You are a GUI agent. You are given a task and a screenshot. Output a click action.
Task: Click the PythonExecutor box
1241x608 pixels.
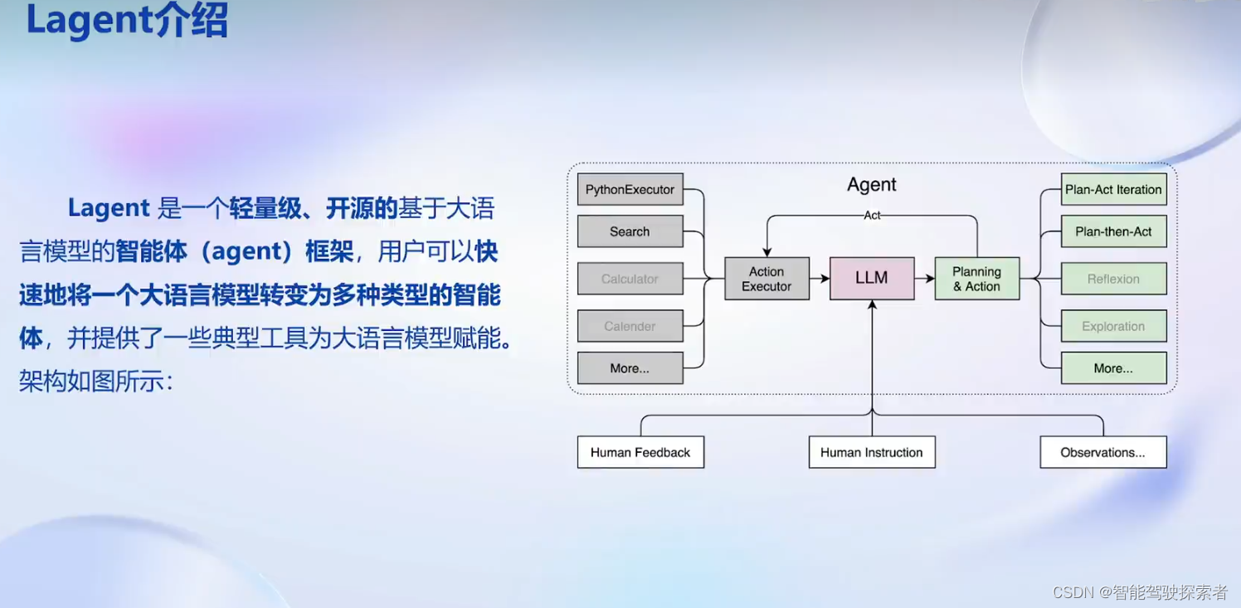(630, 189)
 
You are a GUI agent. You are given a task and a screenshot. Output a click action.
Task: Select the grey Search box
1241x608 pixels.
(630, 231)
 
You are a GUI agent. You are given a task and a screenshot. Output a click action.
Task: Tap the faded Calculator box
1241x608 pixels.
(630, 279)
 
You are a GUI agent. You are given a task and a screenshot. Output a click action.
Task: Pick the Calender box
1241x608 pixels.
(630, 326)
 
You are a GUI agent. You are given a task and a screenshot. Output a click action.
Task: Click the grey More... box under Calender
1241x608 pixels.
(630, 368)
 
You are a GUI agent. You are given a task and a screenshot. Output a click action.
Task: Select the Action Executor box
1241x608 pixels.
(766, 279)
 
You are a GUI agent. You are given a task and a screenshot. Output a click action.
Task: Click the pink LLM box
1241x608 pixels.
(872, 279)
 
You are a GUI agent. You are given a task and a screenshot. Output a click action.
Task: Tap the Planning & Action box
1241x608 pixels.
(976, 279)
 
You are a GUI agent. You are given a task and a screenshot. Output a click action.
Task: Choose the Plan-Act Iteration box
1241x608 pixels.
(1113, 189)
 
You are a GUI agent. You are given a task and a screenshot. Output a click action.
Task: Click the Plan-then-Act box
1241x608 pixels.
(1113, 231)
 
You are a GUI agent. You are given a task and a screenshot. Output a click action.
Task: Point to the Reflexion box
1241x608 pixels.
(1113, 279)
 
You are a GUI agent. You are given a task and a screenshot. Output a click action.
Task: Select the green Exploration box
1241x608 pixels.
(1113, 326)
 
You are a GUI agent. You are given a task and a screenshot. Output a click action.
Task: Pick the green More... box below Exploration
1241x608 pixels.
(1113, 368)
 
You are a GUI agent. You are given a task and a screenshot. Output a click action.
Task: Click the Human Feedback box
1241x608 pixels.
(640, 452)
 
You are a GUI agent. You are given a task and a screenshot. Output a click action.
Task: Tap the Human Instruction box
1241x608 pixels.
(872, 452)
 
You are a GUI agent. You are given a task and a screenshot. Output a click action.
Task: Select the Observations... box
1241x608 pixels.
(1103, 452)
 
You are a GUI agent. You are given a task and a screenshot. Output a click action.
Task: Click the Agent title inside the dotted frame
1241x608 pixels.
(872, 185)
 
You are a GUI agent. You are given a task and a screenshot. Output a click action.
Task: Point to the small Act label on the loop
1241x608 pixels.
(872, 216)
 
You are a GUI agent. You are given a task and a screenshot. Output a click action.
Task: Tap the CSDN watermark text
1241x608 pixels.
(1140, 591)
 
